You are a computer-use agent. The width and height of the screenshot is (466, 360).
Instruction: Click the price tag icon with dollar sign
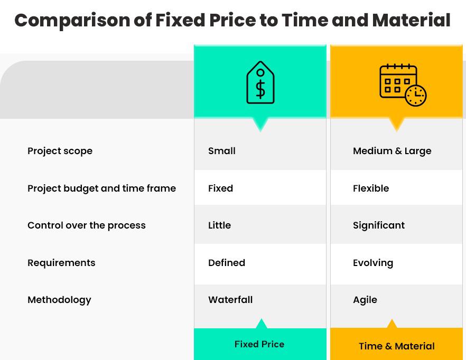pyautogui.click(x=260, y=83)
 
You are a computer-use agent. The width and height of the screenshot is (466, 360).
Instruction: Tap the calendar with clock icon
pyautogui.click(x=403, y=84)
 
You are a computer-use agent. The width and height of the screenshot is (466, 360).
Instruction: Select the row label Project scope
pyautogui.click(x=60, y=151)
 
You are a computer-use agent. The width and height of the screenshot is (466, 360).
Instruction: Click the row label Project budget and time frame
pyautogui.click(x=101, y=188)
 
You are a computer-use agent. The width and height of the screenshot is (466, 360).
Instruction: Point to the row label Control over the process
pyautogui.click(x=86, y=225)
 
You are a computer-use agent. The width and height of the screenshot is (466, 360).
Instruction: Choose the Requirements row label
pyautogui.click(x=61, y=263)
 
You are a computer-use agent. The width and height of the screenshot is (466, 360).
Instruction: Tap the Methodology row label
pyautogui.click(x=59, y=300)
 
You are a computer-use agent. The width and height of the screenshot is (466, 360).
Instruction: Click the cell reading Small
pyautogui.click(x=222, y=151)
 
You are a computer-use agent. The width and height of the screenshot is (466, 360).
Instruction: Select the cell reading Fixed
pyautogui.click(x=220, y=188)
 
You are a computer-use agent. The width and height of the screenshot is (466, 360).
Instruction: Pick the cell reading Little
pyautogui.click(x=219, y=225)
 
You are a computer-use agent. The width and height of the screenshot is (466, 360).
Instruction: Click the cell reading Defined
pyautogui.click(x=227, y=263)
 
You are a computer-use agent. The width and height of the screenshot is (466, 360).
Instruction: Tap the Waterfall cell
pyautogui.click(x=230, y=300)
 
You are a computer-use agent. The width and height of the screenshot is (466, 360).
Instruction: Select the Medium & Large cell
pyautogui.click(x=392, y=151)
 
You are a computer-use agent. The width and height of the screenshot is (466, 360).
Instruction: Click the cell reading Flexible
pyautogui.click(x=371, y=188)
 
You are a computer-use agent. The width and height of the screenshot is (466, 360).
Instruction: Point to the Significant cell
pyautogui.click(x=379, y=225)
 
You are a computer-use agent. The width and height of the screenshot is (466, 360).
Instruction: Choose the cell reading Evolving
pyautogui.click(x=373, y=263)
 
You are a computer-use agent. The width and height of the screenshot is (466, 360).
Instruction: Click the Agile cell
pyautogui.click(x=365, y=300)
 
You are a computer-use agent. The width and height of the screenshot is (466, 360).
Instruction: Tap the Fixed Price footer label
pyautogui.click(x=259, y=344)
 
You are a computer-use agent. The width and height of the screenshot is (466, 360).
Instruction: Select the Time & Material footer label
pyautogui.click(x=397, y=346)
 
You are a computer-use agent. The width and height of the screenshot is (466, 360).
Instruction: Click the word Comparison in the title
pyautogui.click(x=72, y=21)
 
